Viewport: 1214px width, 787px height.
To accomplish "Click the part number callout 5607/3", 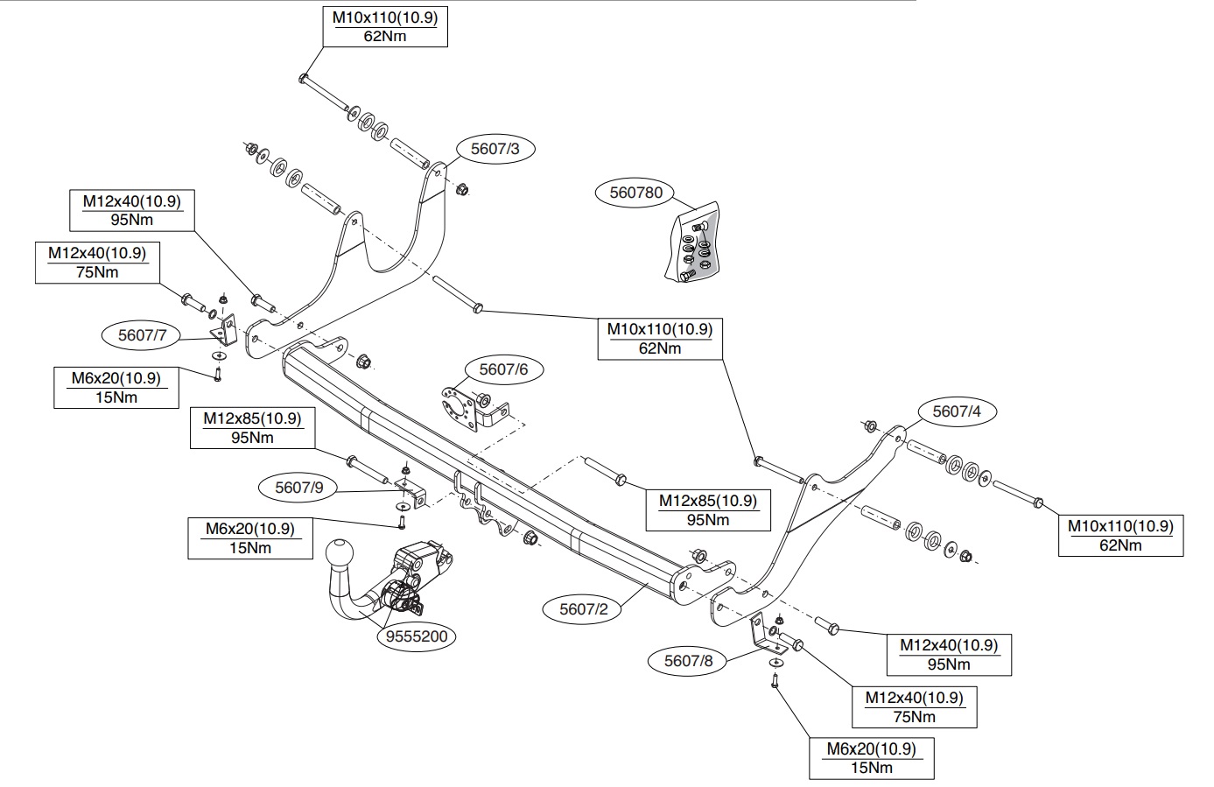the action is pyautogui.click(x=495, y=149).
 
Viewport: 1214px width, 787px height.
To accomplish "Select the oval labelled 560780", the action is pyautogui.click(x=635, y=193).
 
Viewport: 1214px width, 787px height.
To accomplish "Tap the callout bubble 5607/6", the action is pyautogui.click(x=503, y=369).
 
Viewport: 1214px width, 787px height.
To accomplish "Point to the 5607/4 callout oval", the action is pyautogui.click(x=957, y=411).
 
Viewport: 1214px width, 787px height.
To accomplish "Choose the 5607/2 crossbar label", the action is pyautogui.click(x=583, y=609).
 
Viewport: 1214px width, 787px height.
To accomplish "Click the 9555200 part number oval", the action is pyautogui.click(x=417, y=636).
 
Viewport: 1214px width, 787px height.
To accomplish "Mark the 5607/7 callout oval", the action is pyautogui.click(x=142, y=335).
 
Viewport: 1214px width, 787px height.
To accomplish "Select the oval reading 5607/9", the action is pyautogui.click(x=298, y=488).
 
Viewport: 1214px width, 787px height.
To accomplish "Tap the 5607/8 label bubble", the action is pyautogui.click(x=688, y=661).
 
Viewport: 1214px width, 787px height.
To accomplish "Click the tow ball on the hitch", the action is pyautogui.click(x=340, y=555).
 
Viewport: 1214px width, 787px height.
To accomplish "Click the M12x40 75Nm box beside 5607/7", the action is pyautogui.click(x=97, y=263).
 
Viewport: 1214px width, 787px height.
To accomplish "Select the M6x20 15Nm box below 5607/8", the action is pyautogui.click(x=872, y=758).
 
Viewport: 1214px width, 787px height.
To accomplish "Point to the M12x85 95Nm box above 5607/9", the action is pyautogui.click(x=253, y=428).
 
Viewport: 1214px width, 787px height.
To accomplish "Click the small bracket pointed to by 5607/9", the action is pyautogui.click(x=412, y=492).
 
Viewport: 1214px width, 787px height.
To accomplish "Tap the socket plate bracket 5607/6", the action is pyautogui.click(x=474, y=408).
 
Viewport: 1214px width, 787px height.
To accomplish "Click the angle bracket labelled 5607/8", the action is pyautogui.click(x=767, y=636).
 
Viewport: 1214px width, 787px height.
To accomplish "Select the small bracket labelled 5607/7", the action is pyautogui.click(x=225, y=329).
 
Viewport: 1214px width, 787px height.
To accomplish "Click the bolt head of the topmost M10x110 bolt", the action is pyautogui.click(x=304, y=79).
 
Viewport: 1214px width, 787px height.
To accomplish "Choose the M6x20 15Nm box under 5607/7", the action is pyautogui.click(x=116, y=388).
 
